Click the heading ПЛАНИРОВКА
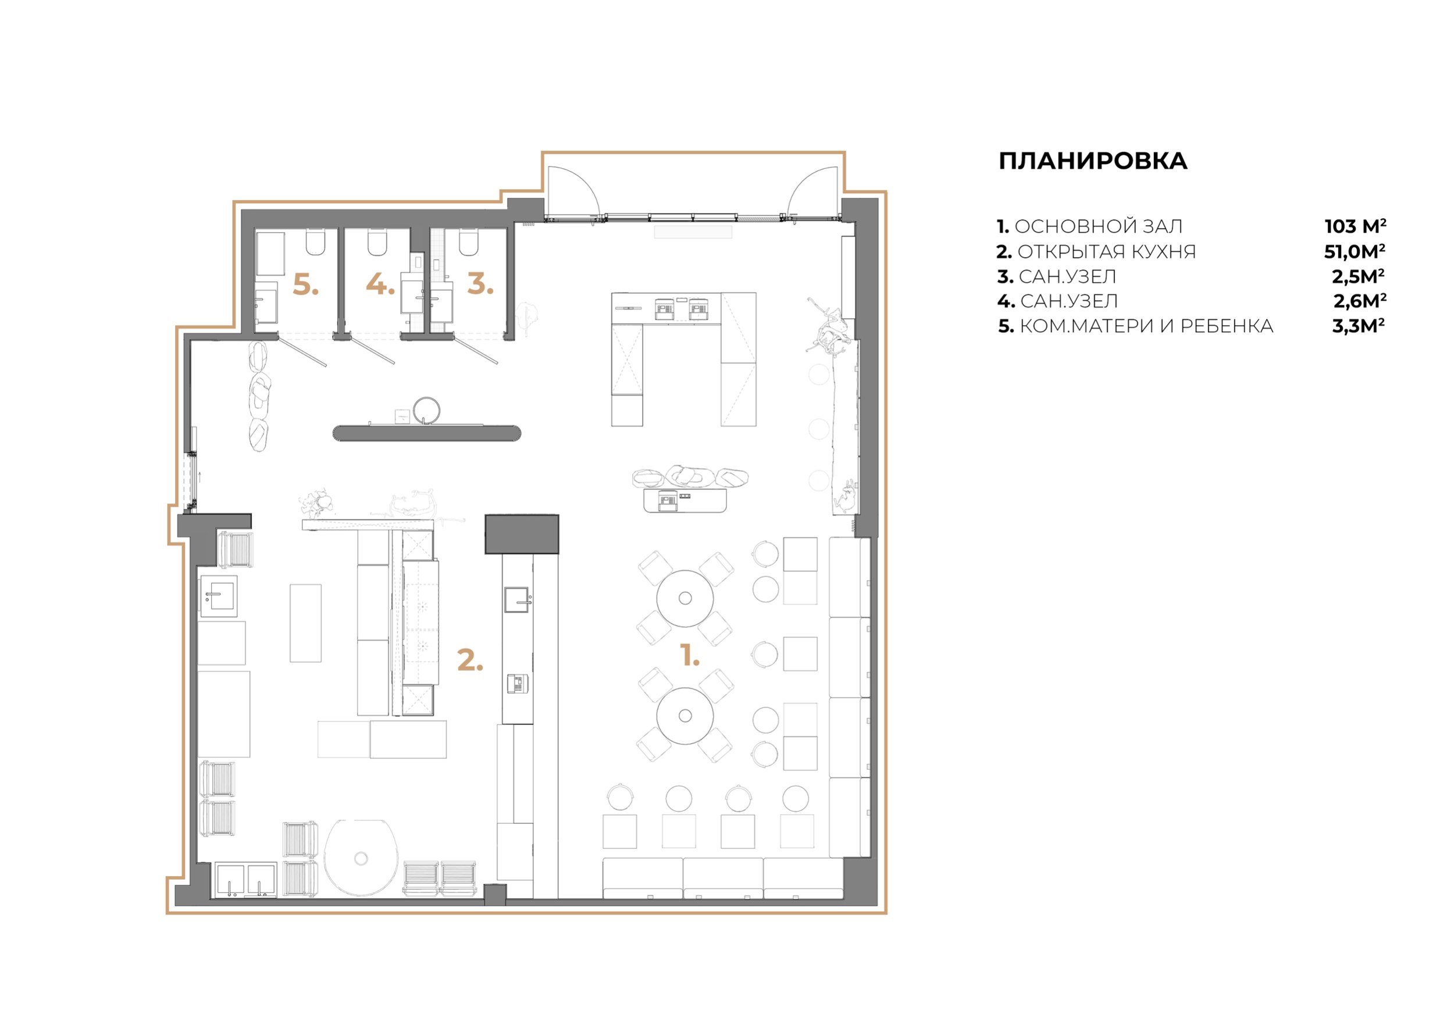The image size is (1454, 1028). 1092,161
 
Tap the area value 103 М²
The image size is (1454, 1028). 1355,226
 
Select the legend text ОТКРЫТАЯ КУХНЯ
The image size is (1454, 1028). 1106,251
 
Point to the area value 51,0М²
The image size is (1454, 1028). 1355,251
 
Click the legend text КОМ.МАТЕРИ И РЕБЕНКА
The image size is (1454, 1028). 1146,326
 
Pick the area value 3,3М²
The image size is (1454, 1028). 1359,326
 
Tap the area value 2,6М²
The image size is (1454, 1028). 1360,301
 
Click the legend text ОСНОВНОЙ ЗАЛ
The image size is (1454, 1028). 1099,226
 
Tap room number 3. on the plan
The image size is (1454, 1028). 480,284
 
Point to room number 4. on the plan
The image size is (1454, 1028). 380,284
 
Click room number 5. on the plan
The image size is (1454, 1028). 305,286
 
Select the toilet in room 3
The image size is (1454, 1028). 469,241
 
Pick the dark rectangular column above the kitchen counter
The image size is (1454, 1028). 522,534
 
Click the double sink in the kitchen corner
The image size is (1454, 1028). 245,880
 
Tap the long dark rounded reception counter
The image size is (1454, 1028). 427,433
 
